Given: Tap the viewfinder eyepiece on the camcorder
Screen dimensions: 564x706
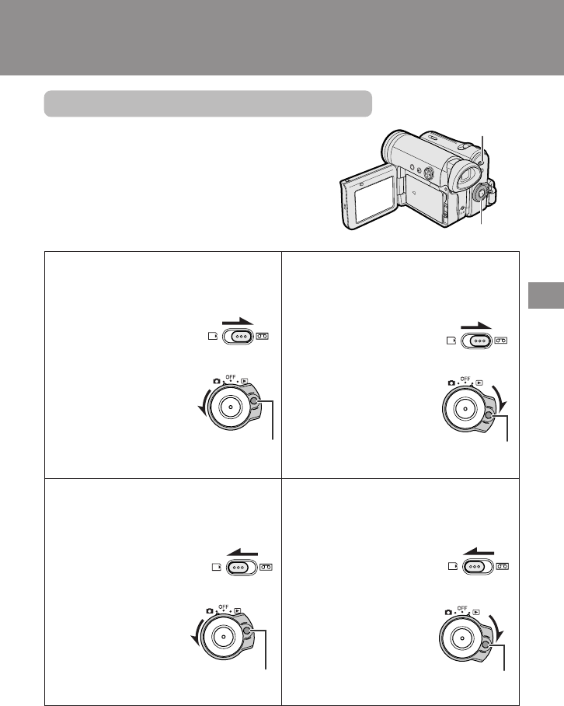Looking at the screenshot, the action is [x=466, y=175].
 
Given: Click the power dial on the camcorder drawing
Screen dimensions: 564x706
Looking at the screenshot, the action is [x=480, y=194].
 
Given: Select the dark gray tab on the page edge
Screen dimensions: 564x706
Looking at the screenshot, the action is [x=546, y=295].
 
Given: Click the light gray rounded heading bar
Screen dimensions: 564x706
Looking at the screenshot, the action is [x=207, y=103].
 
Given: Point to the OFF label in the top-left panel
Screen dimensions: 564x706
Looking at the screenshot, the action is [x=231, y=377].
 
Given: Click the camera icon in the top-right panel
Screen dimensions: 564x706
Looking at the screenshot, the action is [x=451, y=383].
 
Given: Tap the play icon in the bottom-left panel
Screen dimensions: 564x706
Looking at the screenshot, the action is [x=238, y=610].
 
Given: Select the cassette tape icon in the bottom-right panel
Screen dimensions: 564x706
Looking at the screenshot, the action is [x=503, y=566].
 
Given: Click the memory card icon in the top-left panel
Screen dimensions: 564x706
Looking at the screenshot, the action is [x=213, y=336].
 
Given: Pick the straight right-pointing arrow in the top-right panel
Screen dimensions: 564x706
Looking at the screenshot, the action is [x=476, y=326].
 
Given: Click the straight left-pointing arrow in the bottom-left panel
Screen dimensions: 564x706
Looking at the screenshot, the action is [x=242, y=551].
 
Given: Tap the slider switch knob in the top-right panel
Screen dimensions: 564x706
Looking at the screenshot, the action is [x=480, y=341].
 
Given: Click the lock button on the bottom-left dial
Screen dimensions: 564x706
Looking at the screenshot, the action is [x=246, y=631].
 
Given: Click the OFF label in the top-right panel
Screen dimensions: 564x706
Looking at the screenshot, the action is [x=465, y=379].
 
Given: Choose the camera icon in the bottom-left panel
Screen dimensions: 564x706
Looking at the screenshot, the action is [x=210, y=611].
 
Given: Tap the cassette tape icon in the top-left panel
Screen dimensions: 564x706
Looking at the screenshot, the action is [x=263, y=336].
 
